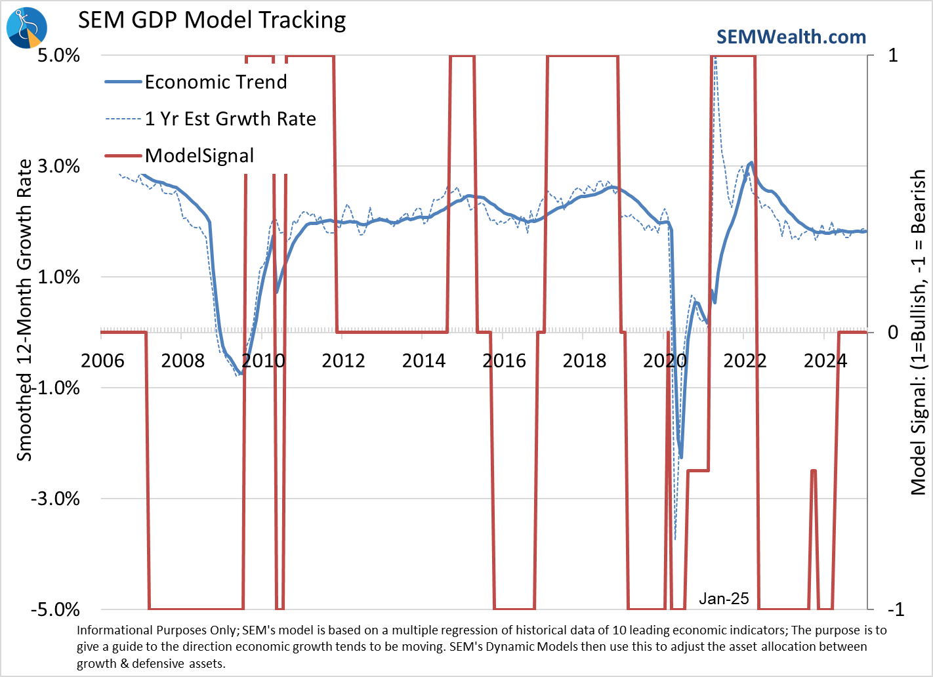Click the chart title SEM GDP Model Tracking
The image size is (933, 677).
click(x=212, y=20)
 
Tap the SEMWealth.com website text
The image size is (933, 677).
click(x=791, y=37)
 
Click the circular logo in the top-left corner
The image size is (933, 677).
click(x=26, y=27)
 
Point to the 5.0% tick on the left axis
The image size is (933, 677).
click(x=58, y=55)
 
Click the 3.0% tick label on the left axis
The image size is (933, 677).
click(x=58, y=166)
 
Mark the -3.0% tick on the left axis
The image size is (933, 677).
click(x=55, y=499)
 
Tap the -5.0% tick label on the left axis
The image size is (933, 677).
click(x=55, y=609)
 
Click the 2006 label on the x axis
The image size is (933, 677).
click(x=102, y=361)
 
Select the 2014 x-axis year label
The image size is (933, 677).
click(x=424, y=361)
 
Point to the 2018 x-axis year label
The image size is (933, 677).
click(x=585, y=361)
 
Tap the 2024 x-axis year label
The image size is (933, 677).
click(x=825, y=361)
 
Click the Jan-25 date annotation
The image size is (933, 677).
click(x=724, y=598)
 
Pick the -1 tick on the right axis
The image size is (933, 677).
click(x=896, y=609)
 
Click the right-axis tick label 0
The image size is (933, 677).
click(x=893, y=333)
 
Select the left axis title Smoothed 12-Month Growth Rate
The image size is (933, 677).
click(x=24, y=310)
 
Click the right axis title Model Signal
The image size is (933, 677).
click(x=919, y=332)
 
